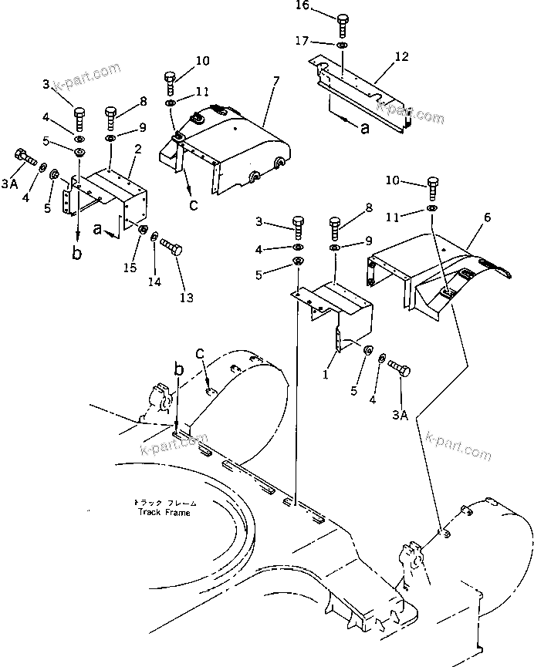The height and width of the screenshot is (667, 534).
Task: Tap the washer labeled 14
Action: point(155,237)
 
